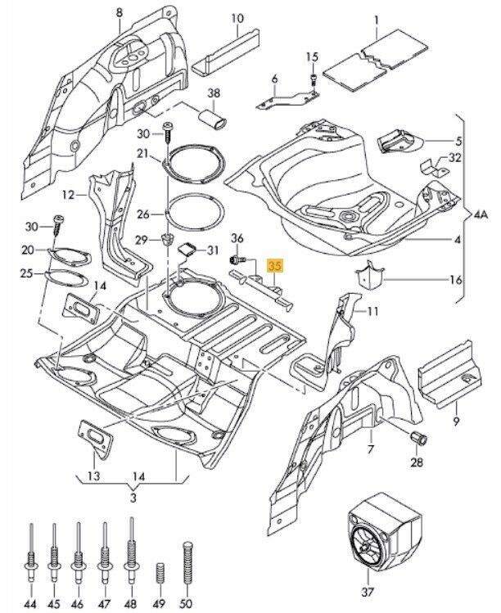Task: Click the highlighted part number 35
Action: click(x=275, y=266)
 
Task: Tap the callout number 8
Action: click(x=120, y=12)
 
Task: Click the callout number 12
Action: click(x=67, y=195)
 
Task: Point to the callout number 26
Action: click(x=143, y=214)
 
